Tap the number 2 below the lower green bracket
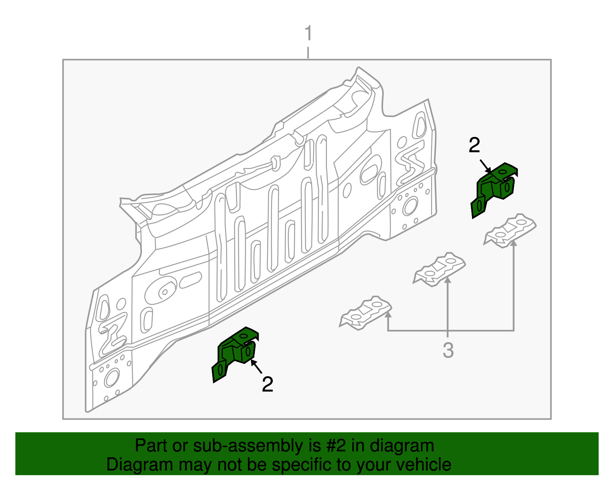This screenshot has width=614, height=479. tap(267, 384)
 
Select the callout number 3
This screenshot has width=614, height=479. tap(448, 350)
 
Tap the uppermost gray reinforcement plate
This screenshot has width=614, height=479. tap(510, 230)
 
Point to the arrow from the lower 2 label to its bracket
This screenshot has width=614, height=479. tap(257, 366)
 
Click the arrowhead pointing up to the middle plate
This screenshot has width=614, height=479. tap(447, 280)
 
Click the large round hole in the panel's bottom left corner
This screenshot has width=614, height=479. tap(112, 378)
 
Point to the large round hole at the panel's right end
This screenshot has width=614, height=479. tap(410, 206)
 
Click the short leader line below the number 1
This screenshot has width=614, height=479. tap(308, 53)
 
